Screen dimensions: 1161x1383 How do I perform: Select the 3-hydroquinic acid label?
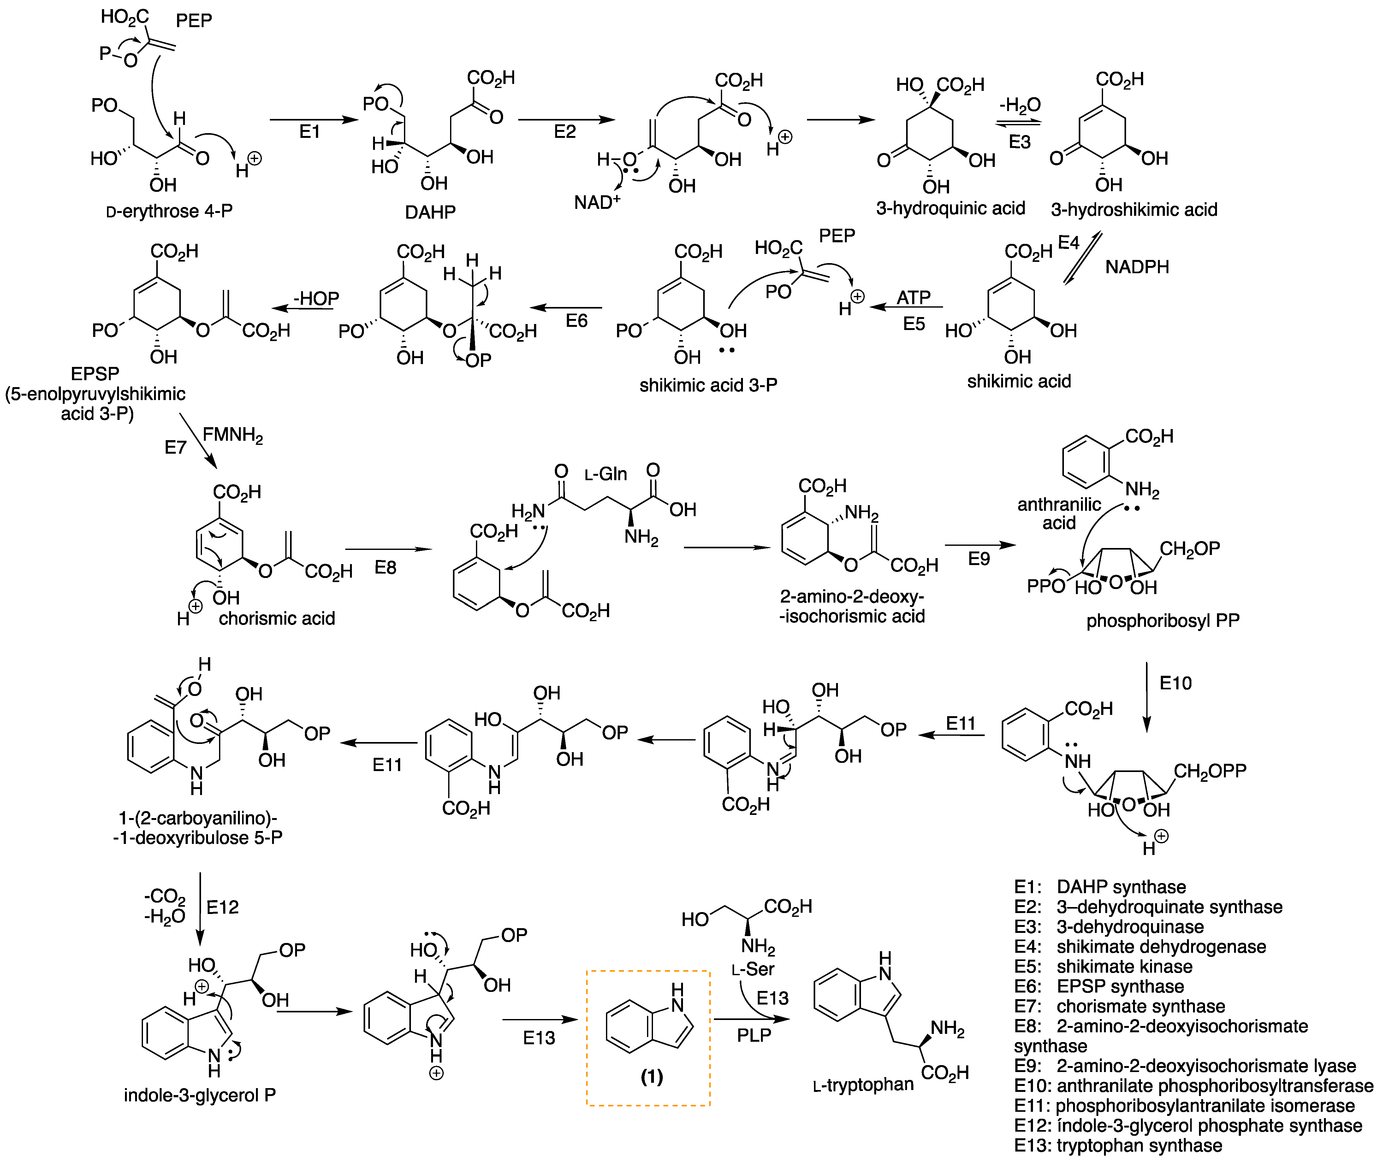point(950,209)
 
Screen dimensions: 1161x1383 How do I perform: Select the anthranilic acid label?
point(1059,513)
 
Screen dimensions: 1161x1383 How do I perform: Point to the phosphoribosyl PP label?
point(1162,621)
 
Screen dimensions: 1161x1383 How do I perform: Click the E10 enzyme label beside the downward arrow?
point(1176,683)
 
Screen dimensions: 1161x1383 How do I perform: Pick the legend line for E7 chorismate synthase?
point(1119,1006)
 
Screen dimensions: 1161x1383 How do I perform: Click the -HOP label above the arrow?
point(316,298)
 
